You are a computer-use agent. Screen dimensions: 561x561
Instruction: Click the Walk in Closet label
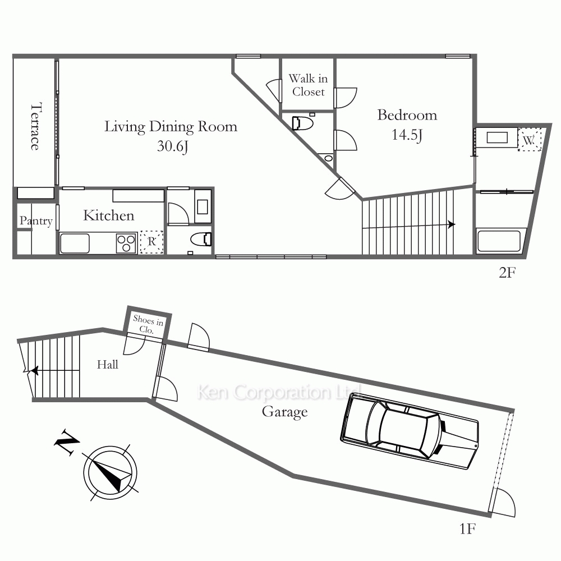coord(308,85)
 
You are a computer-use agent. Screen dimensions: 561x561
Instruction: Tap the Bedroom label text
coord(407,115)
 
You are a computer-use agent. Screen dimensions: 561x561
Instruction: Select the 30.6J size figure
coord(172,146)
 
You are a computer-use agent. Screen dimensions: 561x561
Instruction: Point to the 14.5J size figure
coord(407,135)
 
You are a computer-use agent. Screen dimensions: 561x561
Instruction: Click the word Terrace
coord(35,127)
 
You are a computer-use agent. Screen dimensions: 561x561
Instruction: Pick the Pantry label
coord(36,220)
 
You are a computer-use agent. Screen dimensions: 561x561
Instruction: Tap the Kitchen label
coord(109,215)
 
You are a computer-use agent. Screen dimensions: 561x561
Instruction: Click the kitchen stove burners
coord(126,243)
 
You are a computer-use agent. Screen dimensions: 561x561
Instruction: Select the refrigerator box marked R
coord(151,242)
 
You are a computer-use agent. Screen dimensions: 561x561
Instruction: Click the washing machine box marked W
coord(530,140)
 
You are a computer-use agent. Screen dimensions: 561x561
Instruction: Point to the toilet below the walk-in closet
coord(303,123)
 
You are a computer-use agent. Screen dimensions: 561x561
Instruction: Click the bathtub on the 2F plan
coord(499,241)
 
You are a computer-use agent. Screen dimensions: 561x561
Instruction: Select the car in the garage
coord(410,431)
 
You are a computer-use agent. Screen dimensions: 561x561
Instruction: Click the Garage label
coord(285,412)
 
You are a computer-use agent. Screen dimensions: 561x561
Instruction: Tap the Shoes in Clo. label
coord(148,324)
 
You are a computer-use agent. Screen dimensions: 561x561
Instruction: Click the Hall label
coord(107,365)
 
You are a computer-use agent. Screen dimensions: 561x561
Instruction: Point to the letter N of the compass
coord(67,442)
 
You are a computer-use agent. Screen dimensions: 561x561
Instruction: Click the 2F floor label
coord(507,273)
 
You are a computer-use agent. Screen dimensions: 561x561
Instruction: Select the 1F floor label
coord(468,528)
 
